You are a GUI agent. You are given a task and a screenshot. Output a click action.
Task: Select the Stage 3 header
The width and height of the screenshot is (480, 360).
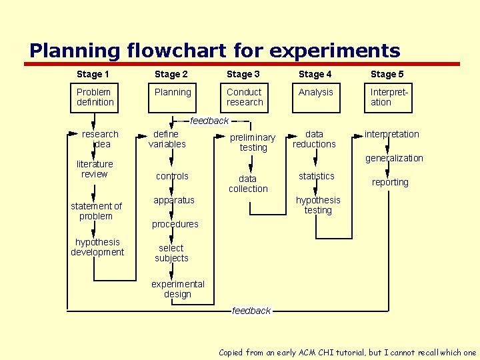point(243,74)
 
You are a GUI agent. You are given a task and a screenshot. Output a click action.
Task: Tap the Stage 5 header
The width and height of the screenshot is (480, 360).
point(387,74)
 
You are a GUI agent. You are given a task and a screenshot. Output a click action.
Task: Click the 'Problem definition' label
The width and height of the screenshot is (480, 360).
point(95,97)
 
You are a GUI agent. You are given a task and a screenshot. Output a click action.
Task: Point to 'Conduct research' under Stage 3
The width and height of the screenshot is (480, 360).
point(245,97)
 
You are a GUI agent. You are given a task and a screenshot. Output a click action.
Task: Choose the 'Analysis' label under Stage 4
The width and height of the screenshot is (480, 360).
point(315,92)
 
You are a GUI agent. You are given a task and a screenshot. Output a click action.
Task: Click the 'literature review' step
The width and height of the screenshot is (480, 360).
point(95,169)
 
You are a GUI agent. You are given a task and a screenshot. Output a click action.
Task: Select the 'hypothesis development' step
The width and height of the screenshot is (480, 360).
point(97,247)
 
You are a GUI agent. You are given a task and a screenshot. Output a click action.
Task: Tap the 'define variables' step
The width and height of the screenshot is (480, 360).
point(167,139)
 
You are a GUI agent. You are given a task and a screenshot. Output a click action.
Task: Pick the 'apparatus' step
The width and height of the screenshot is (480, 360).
point(174,200)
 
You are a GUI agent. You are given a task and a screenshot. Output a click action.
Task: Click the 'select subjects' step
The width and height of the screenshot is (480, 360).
point(171,253)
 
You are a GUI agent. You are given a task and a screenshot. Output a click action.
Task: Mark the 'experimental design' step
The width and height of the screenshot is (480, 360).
point(177,289)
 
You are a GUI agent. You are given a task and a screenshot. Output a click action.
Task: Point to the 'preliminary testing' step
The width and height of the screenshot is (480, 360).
point(253,142)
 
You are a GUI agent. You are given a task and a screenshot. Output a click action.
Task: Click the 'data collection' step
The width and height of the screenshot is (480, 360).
point(248,183)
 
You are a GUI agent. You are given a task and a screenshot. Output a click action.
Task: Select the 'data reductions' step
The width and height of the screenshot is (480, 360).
point(314,139)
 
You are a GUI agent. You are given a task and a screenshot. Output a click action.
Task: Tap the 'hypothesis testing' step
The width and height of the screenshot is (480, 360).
point(318,205)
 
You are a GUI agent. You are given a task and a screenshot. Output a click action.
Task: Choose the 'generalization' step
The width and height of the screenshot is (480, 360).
point(394,158)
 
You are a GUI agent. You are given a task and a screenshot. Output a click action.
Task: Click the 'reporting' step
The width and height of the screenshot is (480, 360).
point(390,182)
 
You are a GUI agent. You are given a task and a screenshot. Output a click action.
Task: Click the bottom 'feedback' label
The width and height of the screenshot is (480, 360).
point(251,311)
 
